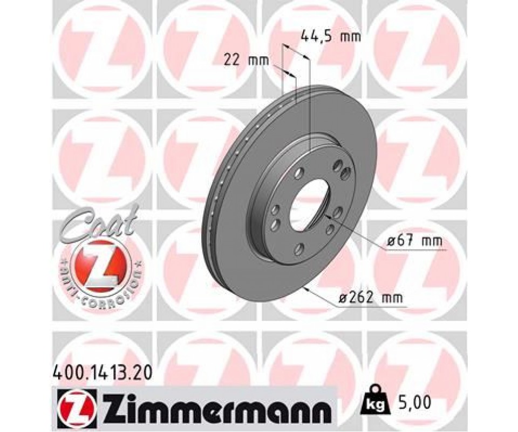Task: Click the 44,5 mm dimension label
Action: click(x=331, y=36)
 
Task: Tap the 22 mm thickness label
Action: click(x=247, y=61)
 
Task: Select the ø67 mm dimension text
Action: click(x=414, y=241)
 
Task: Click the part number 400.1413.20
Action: click(x=103, y=374)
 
